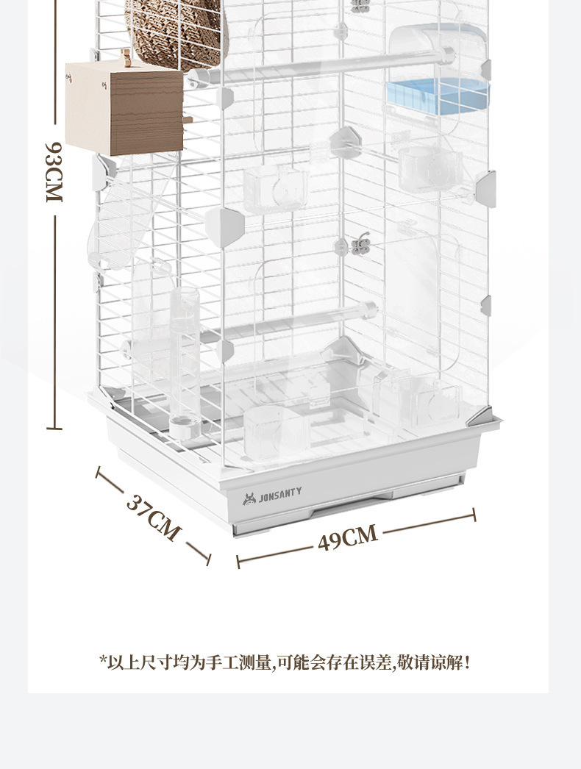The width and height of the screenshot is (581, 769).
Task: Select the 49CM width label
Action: coord(348,537)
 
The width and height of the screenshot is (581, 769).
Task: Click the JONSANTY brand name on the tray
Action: coord(279,498)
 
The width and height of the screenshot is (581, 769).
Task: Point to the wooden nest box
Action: coord(124,108)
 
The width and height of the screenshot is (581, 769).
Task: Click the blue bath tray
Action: coord(437,96)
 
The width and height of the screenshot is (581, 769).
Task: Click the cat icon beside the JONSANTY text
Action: coord(249,498)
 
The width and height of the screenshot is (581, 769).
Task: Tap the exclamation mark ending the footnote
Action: coord(467,662)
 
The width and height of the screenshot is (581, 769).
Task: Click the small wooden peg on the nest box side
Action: coord(188,118)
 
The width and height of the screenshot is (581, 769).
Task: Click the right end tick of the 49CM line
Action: coord(474,515)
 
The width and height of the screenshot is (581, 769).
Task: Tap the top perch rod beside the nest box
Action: coord(324,64)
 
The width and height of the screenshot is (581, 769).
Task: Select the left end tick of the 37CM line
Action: coord(99,471)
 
